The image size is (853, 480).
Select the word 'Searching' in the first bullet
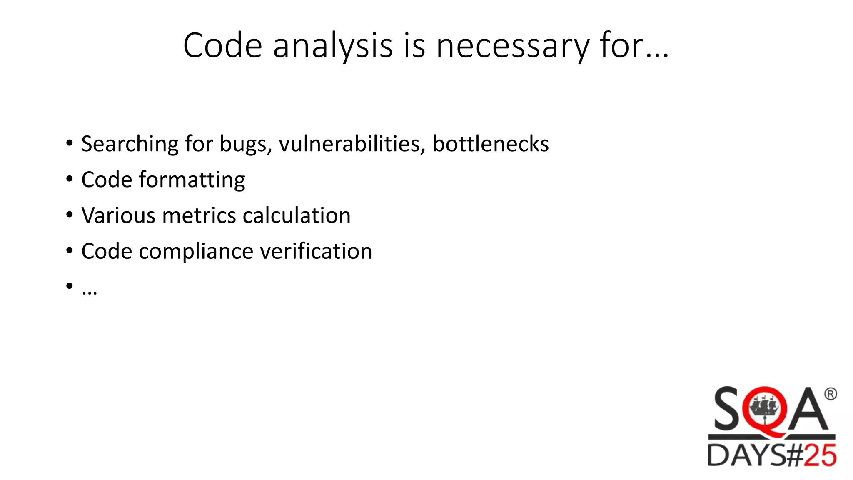click(x=130, y=144)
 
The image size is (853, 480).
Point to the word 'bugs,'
click(x=246, y=144)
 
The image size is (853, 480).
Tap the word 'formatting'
click(x=192, y=180)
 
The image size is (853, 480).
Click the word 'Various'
click(x=118, y=215)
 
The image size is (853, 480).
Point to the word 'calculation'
click(x=297, y=215)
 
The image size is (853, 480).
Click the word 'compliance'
click(x=196, y=251)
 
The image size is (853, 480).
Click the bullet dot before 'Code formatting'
click(x=69, y=180)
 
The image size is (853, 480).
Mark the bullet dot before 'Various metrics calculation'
click(x=69, y=215)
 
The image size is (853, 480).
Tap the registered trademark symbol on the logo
click(x=830, y=394)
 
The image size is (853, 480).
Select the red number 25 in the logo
click(x=820, y=455)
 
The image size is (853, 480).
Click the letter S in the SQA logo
click(x=727, y=409)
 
